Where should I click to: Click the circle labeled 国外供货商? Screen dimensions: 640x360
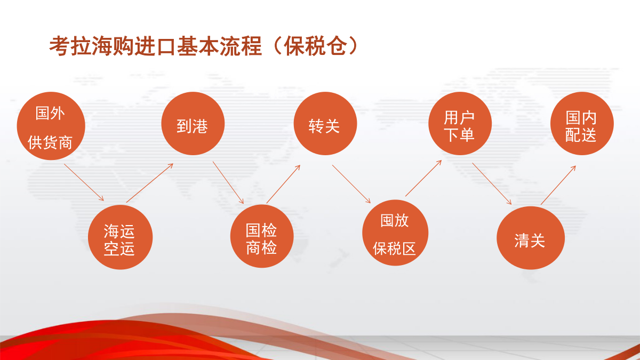[x=51, y=126]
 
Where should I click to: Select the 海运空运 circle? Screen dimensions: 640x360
[x=121, y=237]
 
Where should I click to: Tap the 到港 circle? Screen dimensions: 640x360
[x=193, y=123]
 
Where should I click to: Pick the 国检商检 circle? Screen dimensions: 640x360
[x=262, y=236]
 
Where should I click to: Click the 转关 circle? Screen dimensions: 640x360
[x=325, y=123]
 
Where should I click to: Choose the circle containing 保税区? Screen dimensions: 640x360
[x=395, y=233]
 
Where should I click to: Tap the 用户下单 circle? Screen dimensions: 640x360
[x=460, y=123]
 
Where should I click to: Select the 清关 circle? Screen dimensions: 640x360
[x=531, y=238]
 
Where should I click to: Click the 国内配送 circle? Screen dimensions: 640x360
[x=582, y=123]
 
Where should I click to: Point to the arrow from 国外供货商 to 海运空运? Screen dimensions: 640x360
[x=84, y=182]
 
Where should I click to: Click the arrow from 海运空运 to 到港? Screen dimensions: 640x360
[x=150, y=183]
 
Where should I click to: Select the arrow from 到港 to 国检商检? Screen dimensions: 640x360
[x=228, y=182]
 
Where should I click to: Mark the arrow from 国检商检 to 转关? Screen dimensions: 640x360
[x=283, y=184]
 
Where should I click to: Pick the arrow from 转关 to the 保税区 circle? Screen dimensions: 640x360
[x=351, y=184]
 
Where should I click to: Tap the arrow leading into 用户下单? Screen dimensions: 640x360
[x=423, y=178]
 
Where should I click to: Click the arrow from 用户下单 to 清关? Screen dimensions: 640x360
[x=492, y=183]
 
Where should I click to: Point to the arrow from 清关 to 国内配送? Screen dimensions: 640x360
[x=558, y=185]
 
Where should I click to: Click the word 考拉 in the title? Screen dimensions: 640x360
[x=70, y=46]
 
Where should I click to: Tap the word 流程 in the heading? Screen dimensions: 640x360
[x=241, y=46]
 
